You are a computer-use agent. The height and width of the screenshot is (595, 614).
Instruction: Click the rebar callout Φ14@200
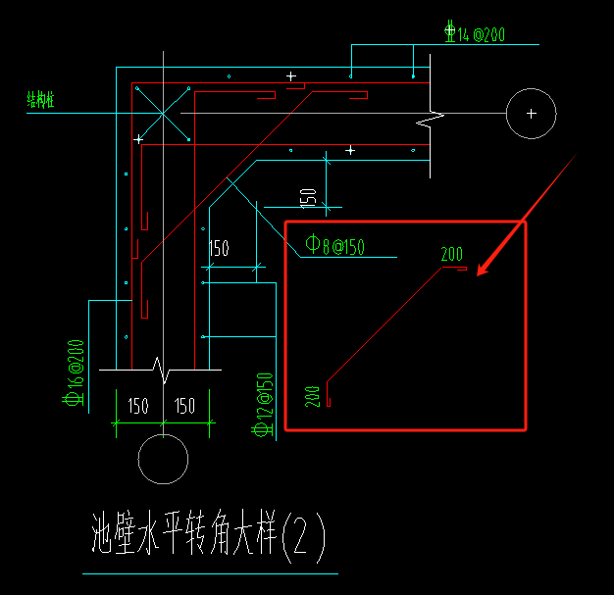(476, 35)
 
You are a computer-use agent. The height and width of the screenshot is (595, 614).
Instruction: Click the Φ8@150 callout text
(334, 246)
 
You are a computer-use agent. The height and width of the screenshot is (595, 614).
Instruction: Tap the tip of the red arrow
(477, 273)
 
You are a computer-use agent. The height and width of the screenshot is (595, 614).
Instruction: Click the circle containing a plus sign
(531, 114)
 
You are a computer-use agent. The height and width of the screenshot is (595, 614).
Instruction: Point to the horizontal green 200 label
(452, 255)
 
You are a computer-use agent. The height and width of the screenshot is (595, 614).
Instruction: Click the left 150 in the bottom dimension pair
(138, 406)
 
